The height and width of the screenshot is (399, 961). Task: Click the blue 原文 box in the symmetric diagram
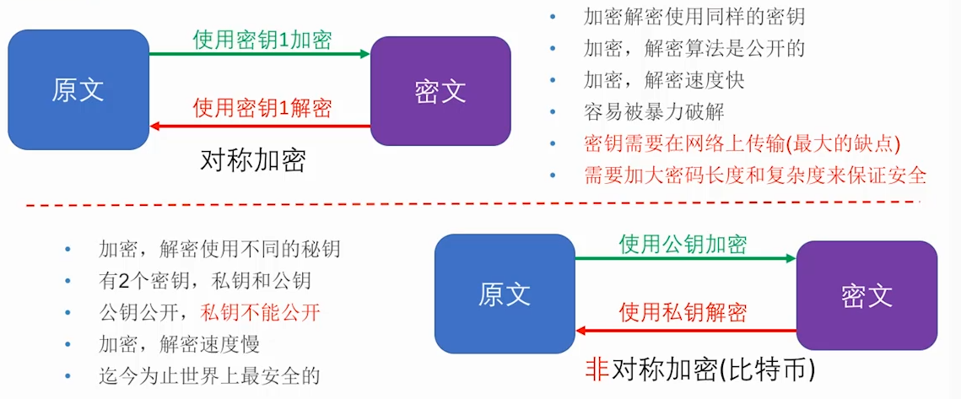78,90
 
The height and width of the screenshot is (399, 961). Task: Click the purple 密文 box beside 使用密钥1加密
440,90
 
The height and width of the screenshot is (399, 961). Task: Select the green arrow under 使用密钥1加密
260,54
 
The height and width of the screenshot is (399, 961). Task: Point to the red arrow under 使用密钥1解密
260,126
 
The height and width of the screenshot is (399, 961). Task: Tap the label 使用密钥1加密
262,40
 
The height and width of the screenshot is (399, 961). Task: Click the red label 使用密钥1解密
262,108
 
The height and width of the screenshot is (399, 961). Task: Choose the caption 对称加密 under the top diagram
252,160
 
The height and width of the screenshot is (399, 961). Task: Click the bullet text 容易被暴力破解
653,112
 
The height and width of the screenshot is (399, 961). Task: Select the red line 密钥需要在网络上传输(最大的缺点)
742,143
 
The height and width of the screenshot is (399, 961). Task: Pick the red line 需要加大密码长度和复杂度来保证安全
754,175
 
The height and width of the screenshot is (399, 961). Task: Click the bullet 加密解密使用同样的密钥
694,16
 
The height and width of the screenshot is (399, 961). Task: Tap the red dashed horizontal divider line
472,203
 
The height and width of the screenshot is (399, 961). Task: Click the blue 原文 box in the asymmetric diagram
505,293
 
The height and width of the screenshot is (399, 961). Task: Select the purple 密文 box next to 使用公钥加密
867,294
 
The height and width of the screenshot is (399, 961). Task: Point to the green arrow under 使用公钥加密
686,258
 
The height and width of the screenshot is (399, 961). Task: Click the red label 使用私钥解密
683,313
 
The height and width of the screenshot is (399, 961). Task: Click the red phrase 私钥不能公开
260,313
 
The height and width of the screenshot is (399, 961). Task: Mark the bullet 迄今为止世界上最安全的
209,376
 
